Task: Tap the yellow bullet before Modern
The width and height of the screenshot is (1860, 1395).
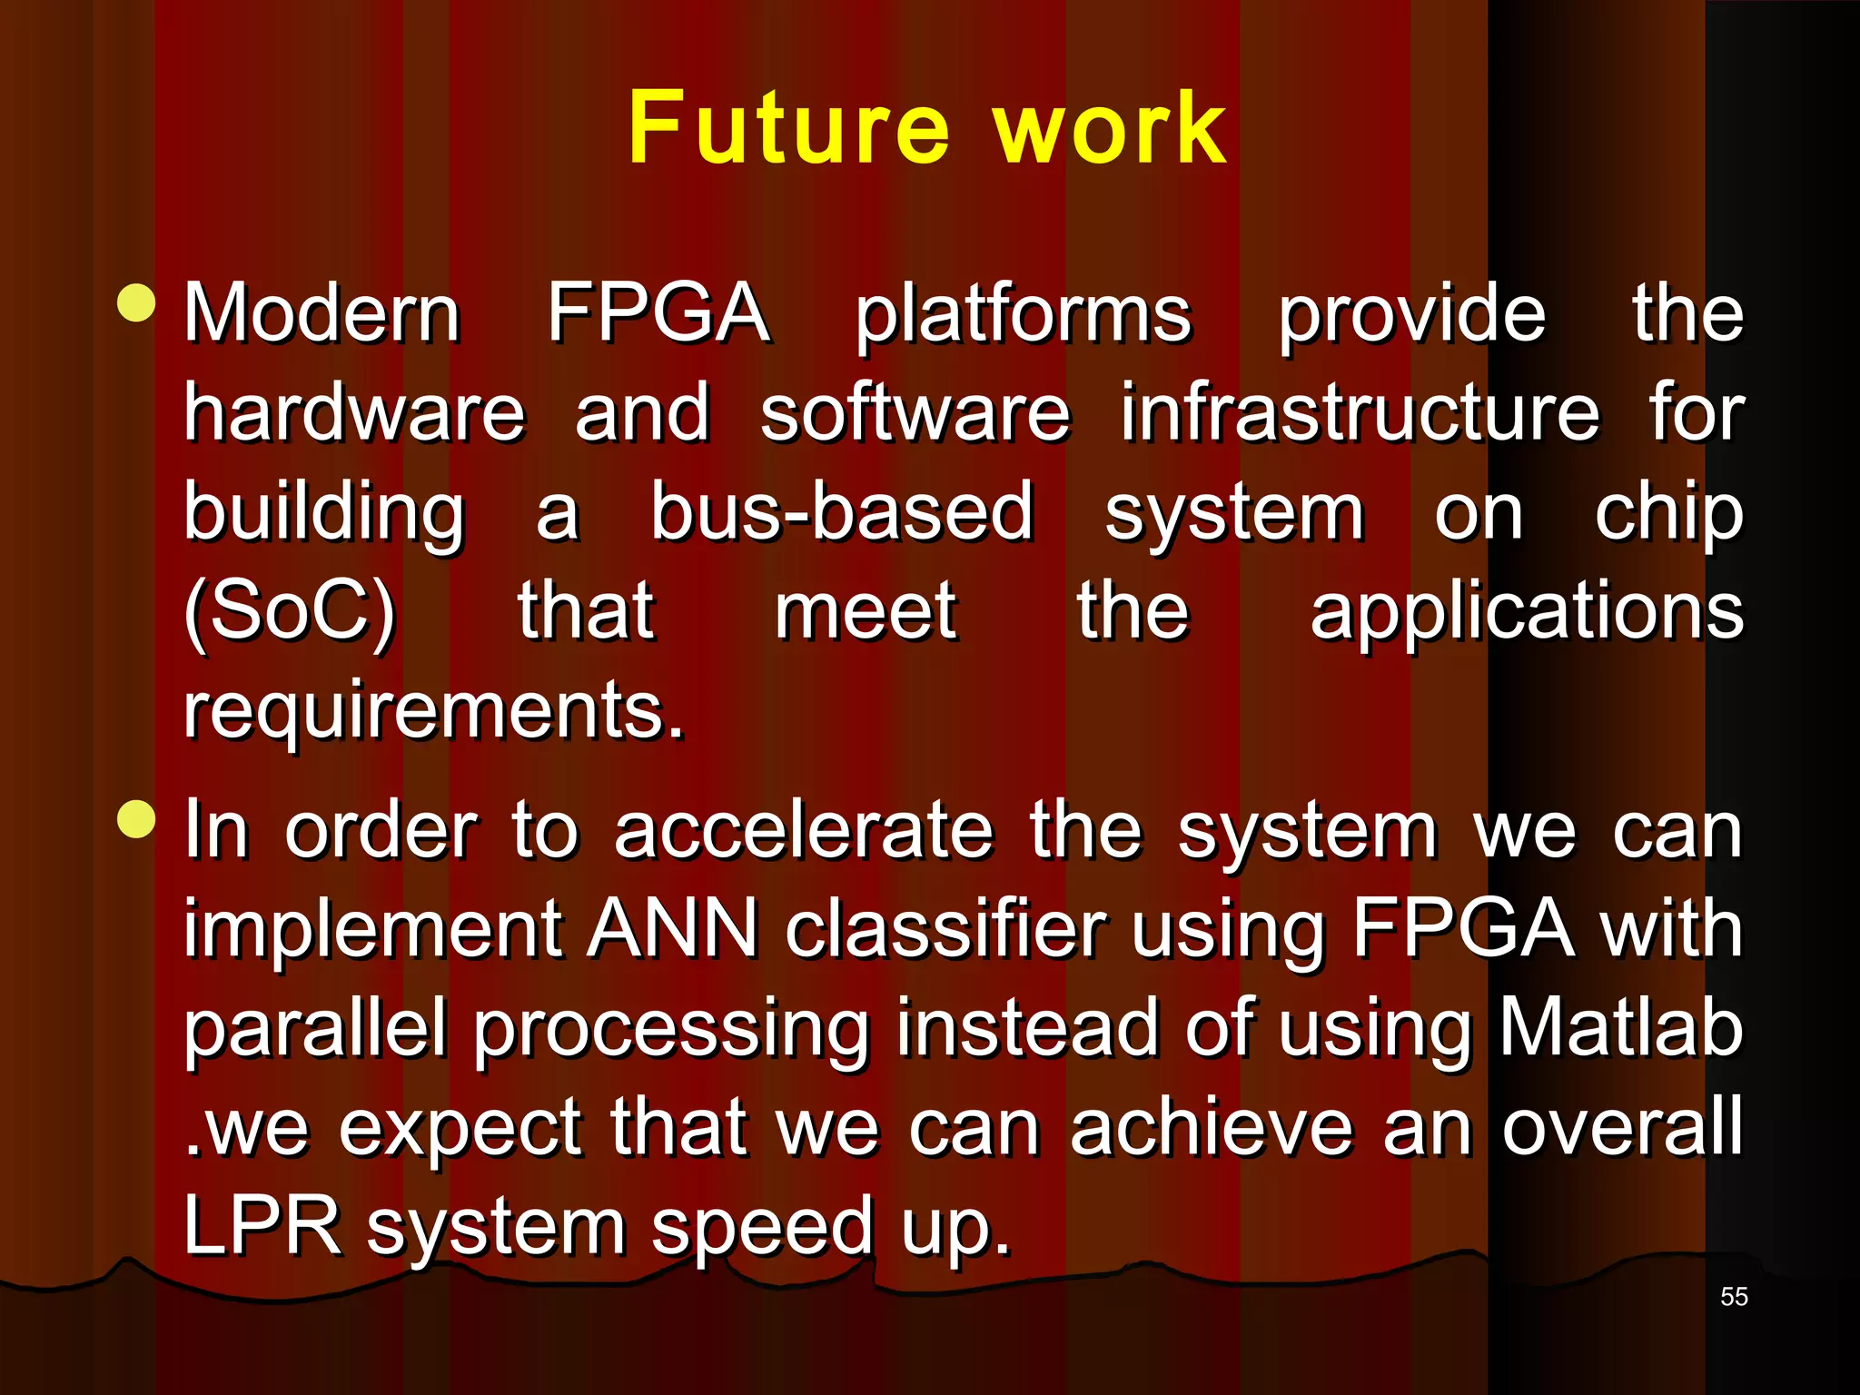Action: (137, 302)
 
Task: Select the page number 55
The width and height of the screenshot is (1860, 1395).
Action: (1734, 1297)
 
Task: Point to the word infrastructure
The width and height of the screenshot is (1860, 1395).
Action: (1359, 413)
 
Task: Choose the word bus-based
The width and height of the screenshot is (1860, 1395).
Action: (842, 511)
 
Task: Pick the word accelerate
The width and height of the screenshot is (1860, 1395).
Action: (804, 830)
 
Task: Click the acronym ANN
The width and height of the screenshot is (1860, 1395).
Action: (671, 929)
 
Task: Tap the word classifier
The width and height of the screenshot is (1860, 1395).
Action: (945, 929)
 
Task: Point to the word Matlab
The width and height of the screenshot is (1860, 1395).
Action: (1621, 1028)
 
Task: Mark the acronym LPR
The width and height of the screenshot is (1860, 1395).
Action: (262, 1225)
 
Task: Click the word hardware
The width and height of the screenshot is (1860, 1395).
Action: (354, 413)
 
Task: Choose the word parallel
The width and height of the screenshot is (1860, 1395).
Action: (314, 1028)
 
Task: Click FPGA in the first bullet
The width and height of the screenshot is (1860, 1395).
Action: (658, 313)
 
